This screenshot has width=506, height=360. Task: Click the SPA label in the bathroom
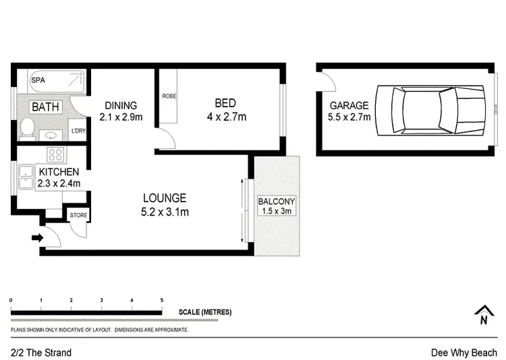38,80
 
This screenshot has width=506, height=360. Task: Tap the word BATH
46,107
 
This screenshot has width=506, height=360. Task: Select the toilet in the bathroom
28,127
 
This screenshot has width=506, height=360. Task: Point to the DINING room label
121,105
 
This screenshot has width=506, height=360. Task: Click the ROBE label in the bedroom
168,96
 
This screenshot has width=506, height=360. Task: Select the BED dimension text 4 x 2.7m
225,117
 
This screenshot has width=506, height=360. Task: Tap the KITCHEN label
59,172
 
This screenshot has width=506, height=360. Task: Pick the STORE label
78,216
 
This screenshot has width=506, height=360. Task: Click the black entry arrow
36,237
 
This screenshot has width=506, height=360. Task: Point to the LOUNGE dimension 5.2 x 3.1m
165,212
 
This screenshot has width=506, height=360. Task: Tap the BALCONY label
277,202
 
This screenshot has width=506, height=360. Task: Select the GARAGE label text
349,105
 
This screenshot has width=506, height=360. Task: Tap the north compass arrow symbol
482,313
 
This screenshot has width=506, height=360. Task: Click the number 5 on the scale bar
161,299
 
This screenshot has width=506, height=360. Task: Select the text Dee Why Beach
464,353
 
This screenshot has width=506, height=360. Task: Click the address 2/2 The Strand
41,353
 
